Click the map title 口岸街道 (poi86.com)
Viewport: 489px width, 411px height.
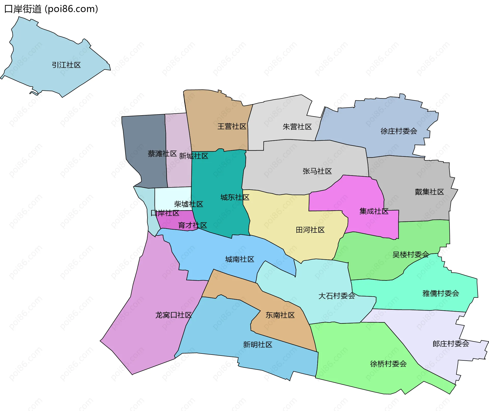[51, 9]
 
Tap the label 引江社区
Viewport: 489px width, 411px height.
[66, 65]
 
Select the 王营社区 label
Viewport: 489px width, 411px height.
[232, 126]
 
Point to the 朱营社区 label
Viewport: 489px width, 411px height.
[297, 127]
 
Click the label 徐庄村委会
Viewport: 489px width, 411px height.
[399, 131]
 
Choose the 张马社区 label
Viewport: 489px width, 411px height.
[317, 171]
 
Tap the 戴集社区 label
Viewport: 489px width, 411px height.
[429, 192]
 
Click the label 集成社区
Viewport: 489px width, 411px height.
[374, 211]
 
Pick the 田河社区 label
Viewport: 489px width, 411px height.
[310, 230]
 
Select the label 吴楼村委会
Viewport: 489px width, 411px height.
[411, 255]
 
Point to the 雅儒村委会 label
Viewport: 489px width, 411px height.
[441, 293]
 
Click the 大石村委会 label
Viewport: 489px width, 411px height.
[337, 296]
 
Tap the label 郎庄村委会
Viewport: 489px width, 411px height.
[451, 344]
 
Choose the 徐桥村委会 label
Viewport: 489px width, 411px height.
[388, 364]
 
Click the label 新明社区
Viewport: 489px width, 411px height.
[257, 345]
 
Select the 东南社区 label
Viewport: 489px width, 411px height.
[280, 315]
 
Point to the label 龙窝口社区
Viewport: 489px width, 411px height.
[173, 315]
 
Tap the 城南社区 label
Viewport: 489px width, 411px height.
[240, 259]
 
